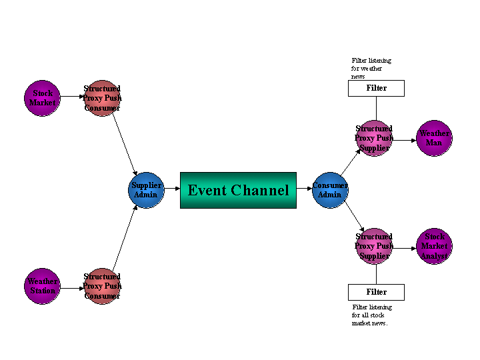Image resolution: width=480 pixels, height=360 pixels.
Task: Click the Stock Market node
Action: point(42,98)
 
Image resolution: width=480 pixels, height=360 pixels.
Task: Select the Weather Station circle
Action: point(42,286)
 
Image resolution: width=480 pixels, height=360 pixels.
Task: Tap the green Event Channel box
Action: point(238,190)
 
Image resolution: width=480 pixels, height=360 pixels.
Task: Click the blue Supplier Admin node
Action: point(146,190)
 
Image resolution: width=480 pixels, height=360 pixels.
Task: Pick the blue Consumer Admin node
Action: point(330,190)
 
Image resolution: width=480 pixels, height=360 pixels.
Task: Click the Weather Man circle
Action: point(434,138)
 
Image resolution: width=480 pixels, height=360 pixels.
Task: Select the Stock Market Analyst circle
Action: point(434,246)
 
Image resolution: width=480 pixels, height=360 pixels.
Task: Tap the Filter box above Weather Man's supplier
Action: point(376,88)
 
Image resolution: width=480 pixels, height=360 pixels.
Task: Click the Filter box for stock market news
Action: point(376,292)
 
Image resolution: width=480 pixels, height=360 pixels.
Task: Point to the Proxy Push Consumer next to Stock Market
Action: point(102,98)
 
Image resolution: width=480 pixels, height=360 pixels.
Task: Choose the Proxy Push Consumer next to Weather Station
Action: point(102,286)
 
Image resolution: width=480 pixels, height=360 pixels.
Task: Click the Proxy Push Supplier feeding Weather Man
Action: point(373,138)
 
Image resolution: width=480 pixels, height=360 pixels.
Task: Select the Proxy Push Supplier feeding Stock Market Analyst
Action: point(373,246)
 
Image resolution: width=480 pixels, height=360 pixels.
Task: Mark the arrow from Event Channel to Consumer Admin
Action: point(304,189)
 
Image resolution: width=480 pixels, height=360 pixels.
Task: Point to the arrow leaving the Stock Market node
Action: point(72,97)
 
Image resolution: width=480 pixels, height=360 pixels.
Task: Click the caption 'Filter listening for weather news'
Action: point(371,68)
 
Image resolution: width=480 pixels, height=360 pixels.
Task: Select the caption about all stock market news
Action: point(371,315)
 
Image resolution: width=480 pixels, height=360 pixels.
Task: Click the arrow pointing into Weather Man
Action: point(404,139)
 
